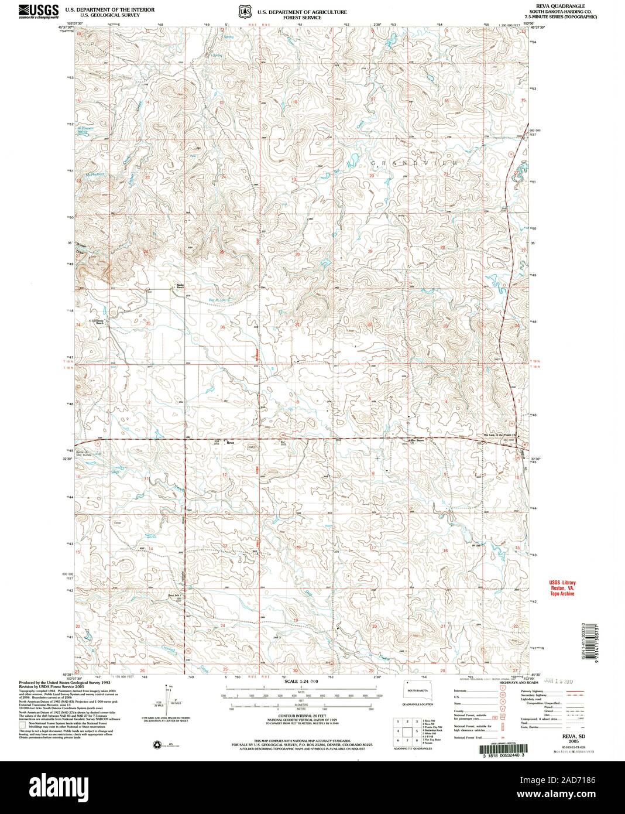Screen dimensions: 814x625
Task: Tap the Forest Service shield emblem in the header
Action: tap(243, 11)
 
